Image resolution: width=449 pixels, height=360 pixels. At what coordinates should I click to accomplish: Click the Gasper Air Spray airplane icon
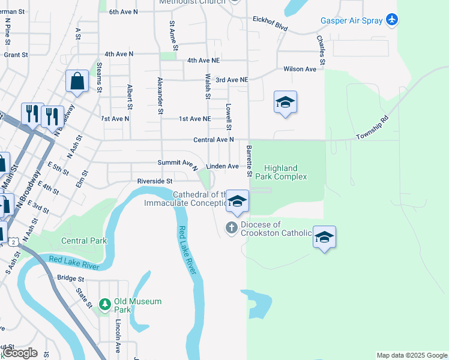tap(392, 20)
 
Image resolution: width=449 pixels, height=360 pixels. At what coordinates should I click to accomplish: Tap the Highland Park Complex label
tap(281, 173)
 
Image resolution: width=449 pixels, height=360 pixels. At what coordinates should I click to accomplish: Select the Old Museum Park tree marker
tap(105, 305)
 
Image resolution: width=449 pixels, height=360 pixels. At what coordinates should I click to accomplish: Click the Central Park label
tap(84, 241)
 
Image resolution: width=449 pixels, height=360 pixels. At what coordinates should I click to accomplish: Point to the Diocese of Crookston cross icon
tap(231, 227)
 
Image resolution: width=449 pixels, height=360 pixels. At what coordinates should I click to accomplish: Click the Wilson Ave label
tap(300, 69)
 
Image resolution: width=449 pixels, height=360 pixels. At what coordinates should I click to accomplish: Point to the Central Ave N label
tap(213, 140)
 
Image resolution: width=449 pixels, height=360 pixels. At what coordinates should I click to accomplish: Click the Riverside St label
tap(155, 181)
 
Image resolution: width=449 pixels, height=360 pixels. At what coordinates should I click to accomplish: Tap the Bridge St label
tap(71, 278)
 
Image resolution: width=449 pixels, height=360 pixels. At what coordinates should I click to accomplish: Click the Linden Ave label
tap(222, 166)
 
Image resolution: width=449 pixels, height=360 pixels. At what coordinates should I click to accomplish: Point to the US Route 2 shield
tap(13, 241)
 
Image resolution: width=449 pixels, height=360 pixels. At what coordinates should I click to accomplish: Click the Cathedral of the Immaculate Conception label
tap(184, 199)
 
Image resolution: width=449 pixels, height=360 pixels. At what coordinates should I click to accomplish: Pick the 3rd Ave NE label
tap(232, 80)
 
